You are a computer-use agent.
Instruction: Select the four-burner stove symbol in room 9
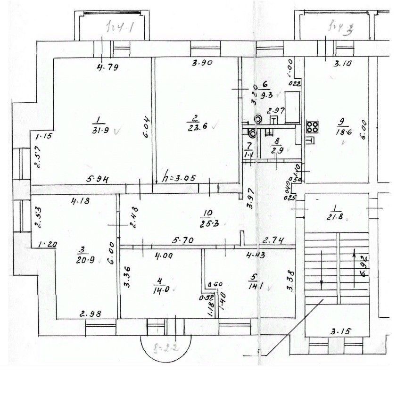pos(312,127)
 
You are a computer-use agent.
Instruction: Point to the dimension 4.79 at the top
pos(107,66)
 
